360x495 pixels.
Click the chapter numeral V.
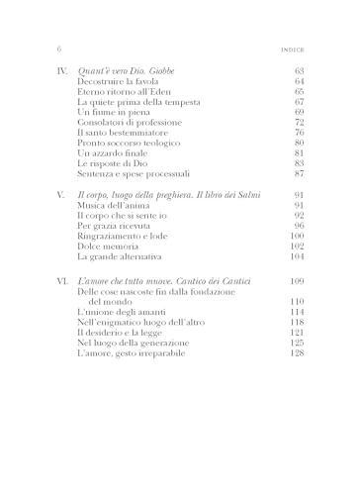(62, 194)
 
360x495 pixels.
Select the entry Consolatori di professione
(126, 123)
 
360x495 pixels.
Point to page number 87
(298, 174)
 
